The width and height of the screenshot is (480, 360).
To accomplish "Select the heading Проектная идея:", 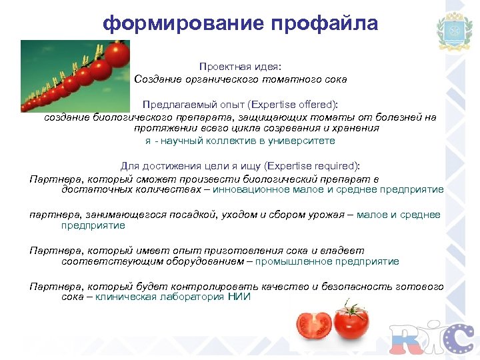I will (240, 67).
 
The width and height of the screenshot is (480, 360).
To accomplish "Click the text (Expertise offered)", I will (293, 105).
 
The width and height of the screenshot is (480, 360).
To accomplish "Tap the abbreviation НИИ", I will (239, 297).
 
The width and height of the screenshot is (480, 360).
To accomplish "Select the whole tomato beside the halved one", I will (351, 323).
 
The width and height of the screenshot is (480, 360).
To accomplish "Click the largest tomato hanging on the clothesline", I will (117, 53).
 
